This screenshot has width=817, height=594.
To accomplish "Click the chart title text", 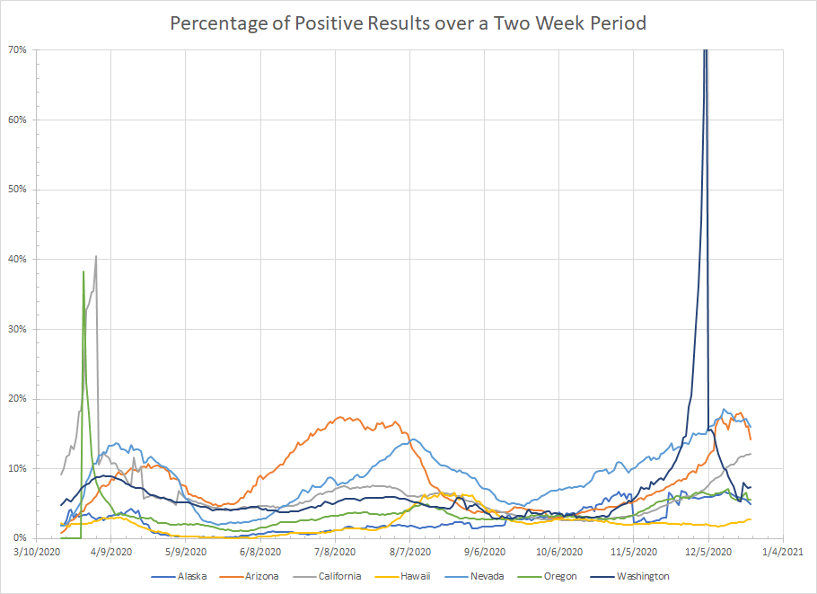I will coord(408,23).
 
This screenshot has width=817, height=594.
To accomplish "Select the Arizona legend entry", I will coord(271,576).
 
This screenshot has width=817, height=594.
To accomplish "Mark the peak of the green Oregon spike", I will coord(83,271).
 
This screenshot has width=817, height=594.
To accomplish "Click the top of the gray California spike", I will coord(96,256).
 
